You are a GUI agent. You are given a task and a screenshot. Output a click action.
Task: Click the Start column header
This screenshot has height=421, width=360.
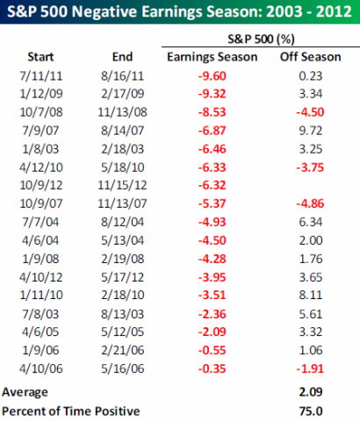(x=40, y=57)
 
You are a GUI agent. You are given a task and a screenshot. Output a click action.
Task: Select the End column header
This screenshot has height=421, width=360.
(x=122, y=57)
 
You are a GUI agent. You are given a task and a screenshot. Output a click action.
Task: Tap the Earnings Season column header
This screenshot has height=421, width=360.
(x=212, y=57)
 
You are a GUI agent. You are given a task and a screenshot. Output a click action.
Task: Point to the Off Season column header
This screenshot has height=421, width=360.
(x=311, y=57)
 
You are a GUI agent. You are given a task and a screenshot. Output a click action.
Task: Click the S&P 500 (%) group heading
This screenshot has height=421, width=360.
(x=261, y=39)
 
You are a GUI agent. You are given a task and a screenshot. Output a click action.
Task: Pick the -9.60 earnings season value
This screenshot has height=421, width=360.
(x=212, y=76)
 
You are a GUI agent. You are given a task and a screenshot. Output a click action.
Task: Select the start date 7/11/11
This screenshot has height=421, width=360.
(x=41, y=76)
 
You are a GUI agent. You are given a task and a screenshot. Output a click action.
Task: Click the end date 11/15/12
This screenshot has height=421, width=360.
(x=122, y=185)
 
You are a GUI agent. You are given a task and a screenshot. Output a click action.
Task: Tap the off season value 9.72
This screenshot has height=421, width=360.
(x=311, y=131)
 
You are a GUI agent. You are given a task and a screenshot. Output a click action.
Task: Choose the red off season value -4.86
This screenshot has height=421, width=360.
(x=310, y=203)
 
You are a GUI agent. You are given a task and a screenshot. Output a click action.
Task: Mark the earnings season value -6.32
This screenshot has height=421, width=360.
(x=212, y=185)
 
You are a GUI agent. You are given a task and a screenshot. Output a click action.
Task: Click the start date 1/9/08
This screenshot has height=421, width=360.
(x=40, y=259)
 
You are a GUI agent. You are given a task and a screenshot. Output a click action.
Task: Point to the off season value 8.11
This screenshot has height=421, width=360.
(x=311, y=295)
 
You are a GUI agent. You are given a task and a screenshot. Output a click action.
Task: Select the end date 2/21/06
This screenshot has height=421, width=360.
(x=123, y=350)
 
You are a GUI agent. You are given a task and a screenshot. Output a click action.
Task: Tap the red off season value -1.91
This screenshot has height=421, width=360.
(x=310, y=368)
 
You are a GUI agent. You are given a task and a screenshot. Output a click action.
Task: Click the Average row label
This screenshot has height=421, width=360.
(x=25, y=392)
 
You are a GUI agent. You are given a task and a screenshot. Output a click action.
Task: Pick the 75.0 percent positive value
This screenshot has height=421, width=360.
(x=311, y=411)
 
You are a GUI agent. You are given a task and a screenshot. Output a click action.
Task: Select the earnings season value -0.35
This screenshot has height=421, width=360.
(x=212, y=368)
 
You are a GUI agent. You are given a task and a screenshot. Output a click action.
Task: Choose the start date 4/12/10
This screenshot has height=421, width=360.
(x=41, y=168)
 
